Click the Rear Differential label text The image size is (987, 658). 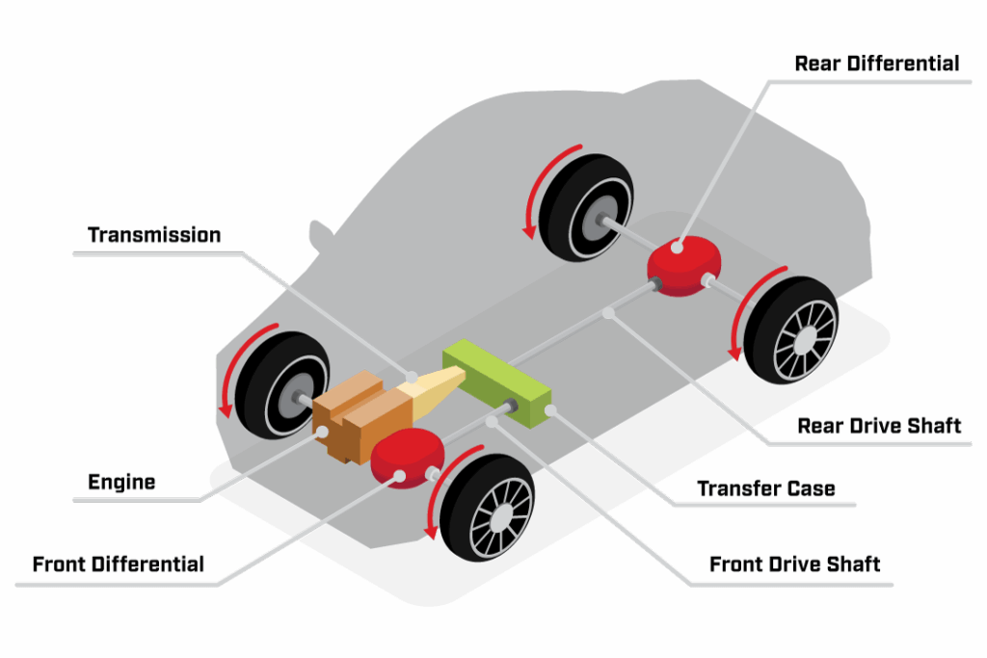pos(877,64)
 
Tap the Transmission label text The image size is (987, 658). pos(154,235)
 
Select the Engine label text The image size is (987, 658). pos(121,482)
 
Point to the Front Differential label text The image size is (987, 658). pos(119,565)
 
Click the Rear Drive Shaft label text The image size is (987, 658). pos(879,426)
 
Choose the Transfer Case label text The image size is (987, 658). pos(766,488)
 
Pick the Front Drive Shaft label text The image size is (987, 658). pos(794,565)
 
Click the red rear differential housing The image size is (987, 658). pos(684,266)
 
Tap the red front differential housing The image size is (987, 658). pos(408,458)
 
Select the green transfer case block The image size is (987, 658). pos(497,383)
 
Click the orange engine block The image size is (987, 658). pos(358,416)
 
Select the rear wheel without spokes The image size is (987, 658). pos(586,207)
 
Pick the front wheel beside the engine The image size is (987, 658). pos(281,385)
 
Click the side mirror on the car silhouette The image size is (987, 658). pos(320,235)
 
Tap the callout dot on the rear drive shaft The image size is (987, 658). pos(608,313)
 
